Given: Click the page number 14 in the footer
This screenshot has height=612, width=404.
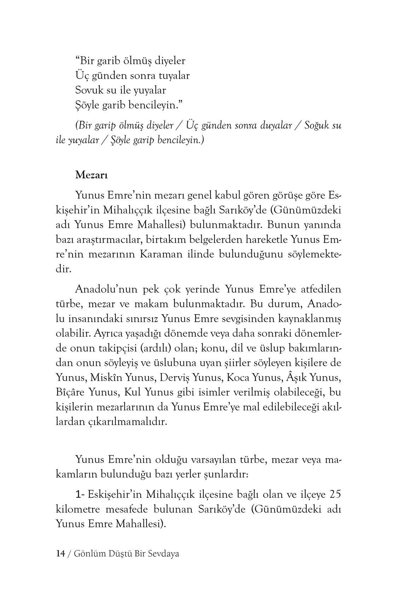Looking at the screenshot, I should pyautogui.click(x=60, y=553).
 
